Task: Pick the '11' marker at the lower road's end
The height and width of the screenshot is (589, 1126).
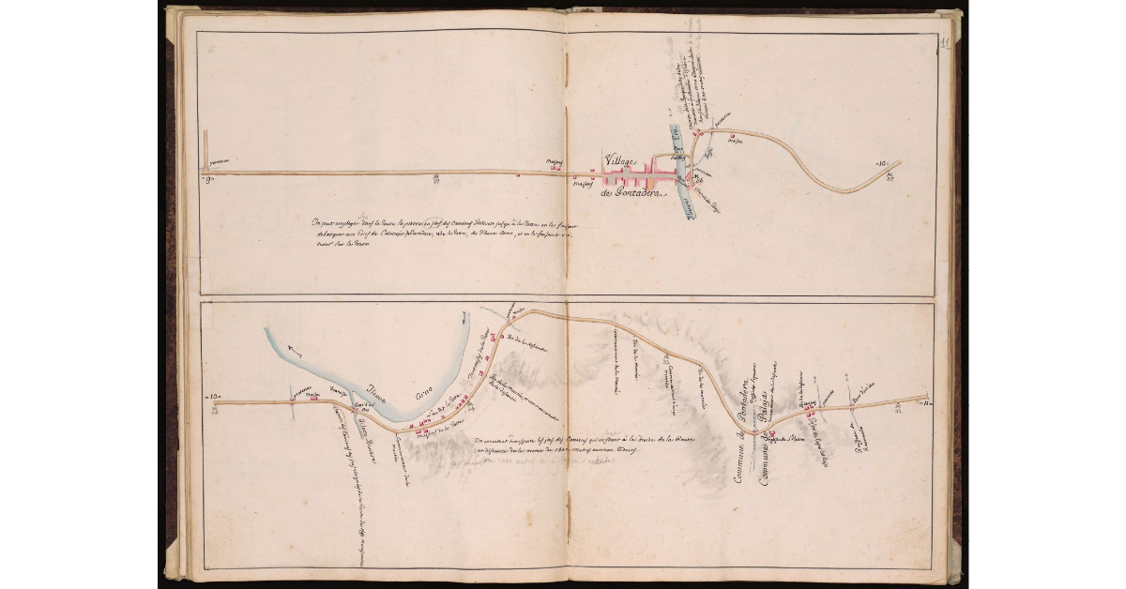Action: (924, 402)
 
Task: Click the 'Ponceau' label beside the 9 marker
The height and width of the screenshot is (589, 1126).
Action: (220, 160)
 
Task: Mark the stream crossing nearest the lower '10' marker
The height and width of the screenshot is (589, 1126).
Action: (294, 401)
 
